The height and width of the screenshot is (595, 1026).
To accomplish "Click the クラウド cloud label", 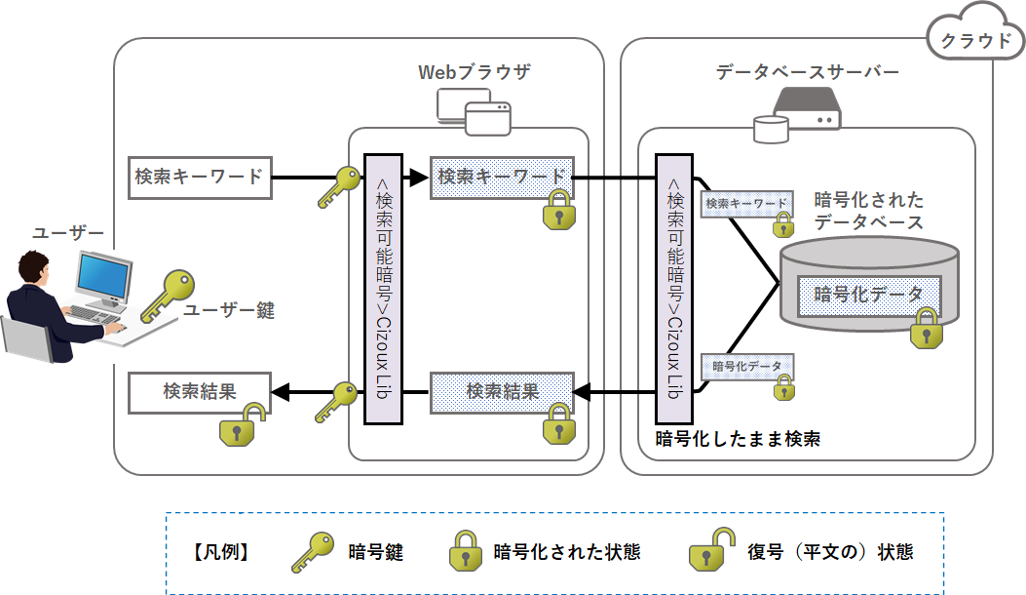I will tap(975, 40).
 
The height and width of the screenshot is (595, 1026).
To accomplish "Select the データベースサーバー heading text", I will tap(807, 72).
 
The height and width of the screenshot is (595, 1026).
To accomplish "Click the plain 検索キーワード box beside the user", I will tap(199, 178).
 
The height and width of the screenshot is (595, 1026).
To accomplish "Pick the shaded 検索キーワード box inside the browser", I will tap(502, 178).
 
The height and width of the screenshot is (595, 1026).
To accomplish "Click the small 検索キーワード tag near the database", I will tap(746, 204).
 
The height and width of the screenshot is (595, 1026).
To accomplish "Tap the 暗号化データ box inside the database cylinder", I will tap(869, 295).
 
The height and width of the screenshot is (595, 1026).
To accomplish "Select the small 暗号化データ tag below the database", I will tap(747, 367).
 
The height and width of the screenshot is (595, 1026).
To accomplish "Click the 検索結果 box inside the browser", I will tap(502, 392).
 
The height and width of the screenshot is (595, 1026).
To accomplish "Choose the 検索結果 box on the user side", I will tap(199, 392).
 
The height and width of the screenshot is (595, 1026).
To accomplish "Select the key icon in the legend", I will tap(314, 552).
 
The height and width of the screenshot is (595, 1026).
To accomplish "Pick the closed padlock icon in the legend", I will tap(465, 552).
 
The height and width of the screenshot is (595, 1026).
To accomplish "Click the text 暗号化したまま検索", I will tap(738, 439).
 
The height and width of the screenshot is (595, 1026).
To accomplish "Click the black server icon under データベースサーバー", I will tap(806, 108).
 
